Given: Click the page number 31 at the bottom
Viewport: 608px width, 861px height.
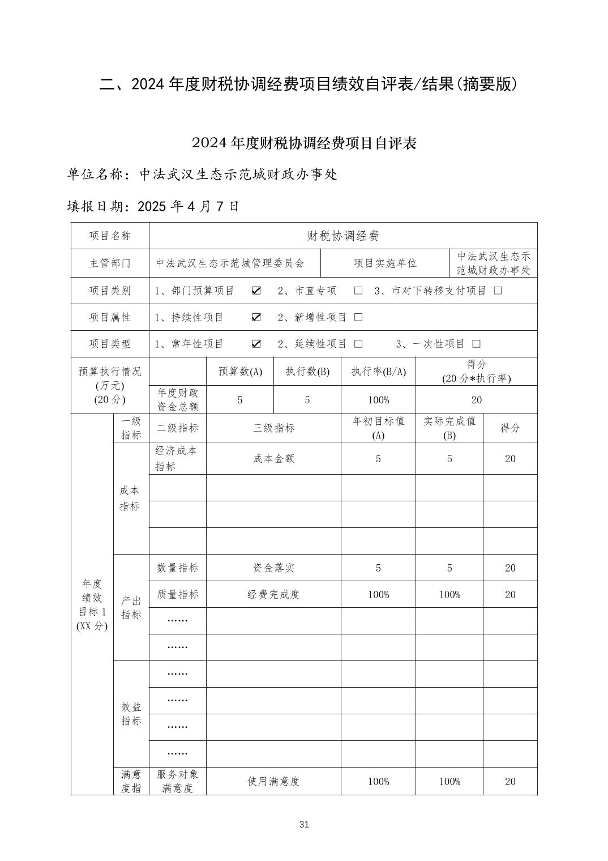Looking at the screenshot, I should (x=304, y=824).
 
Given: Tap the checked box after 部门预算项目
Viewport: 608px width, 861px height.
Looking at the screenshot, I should (x=256, y=291).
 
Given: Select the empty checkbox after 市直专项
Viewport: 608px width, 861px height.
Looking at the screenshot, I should (x=358, y=291).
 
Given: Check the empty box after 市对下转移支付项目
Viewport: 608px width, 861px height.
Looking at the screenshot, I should (x=498, y=291).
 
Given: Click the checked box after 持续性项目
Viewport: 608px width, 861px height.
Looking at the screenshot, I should (x=256, y=317).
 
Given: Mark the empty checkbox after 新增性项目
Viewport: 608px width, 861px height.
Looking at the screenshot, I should (x=358, y=317).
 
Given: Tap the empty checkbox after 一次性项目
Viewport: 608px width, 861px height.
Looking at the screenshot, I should (x=477, y=344).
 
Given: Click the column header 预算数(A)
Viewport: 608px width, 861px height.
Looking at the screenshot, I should (x=240, y=372).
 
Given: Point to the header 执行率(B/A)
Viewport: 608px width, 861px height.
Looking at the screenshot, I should (x=378, y=372).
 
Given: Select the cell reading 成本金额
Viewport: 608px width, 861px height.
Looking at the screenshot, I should (x=273, y=458).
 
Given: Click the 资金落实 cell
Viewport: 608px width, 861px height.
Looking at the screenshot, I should (x=273, y=568).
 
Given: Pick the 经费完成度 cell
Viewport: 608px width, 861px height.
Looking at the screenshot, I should (x=273, y=594).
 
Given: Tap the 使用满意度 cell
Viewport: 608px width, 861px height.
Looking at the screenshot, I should (x=273, y=781).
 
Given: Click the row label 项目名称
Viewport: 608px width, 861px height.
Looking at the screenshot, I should (x=110, y=236).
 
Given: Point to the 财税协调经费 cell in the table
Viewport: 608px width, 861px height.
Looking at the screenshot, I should (x=343, y=236).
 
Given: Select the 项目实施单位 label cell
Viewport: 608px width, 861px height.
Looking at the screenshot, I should (x=385, y=263).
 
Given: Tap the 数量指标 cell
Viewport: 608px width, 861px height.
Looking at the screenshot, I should (x=177, y=568).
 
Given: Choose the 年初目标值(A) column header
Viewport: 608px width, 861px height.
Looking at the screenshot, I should (x=378, y=428).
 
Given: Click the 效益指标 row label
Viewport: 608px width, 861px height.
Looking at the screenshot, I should (x=131, y=714).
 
